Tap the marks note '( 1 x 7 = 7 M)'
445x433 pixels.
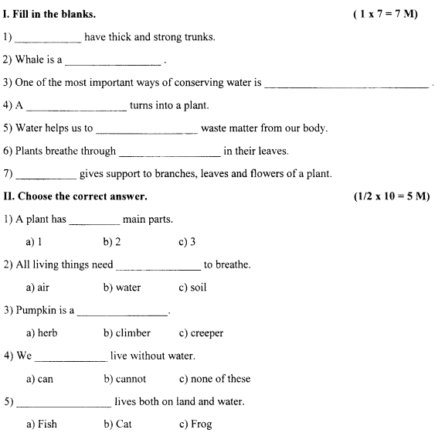384,15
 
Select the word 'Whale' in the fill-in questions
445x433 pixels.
29,60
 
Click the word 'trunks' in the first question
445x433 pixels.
198,37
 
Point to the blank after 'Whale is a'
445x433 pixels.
114,61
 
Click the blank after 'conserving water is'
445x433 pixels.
346,84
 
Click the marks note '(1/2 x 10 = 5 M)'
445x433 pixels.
390,196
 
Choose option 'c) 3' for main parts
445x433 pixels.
187,242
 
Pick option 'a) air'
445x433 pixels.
38,288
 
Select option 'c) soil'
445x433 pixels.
192,288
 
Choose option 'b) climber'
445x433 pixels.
127,333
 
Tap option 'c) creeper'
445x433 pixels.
201,333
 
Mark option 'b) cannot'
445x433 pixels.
124,379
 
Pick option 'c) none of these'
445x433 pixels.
214,379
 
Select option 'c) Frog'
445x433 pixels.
195,424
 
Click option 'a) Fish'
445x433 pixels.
41,424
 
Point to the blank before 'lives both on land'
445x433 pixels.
63,403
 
